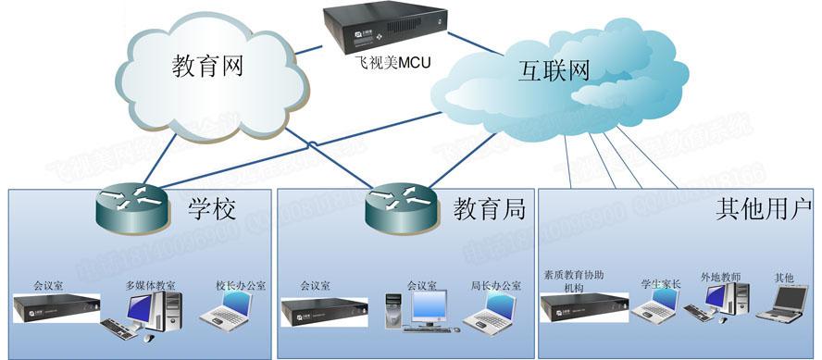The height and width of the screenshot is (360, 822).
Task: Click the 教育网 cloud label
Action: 212,67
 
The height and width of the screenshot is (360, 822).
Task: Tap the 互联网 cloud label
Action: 541,69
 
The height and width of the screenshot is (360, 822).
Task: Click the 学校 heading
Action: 212,209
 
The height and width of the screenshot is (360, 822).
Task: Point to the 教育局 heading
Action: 489,210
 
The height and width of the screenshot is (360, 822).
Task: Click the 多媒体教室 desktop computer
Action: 152,314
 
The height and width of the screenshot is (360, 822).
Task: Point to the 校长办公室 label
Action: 240,286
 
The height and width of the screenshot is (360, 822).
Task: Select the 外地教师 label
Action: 721,277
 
